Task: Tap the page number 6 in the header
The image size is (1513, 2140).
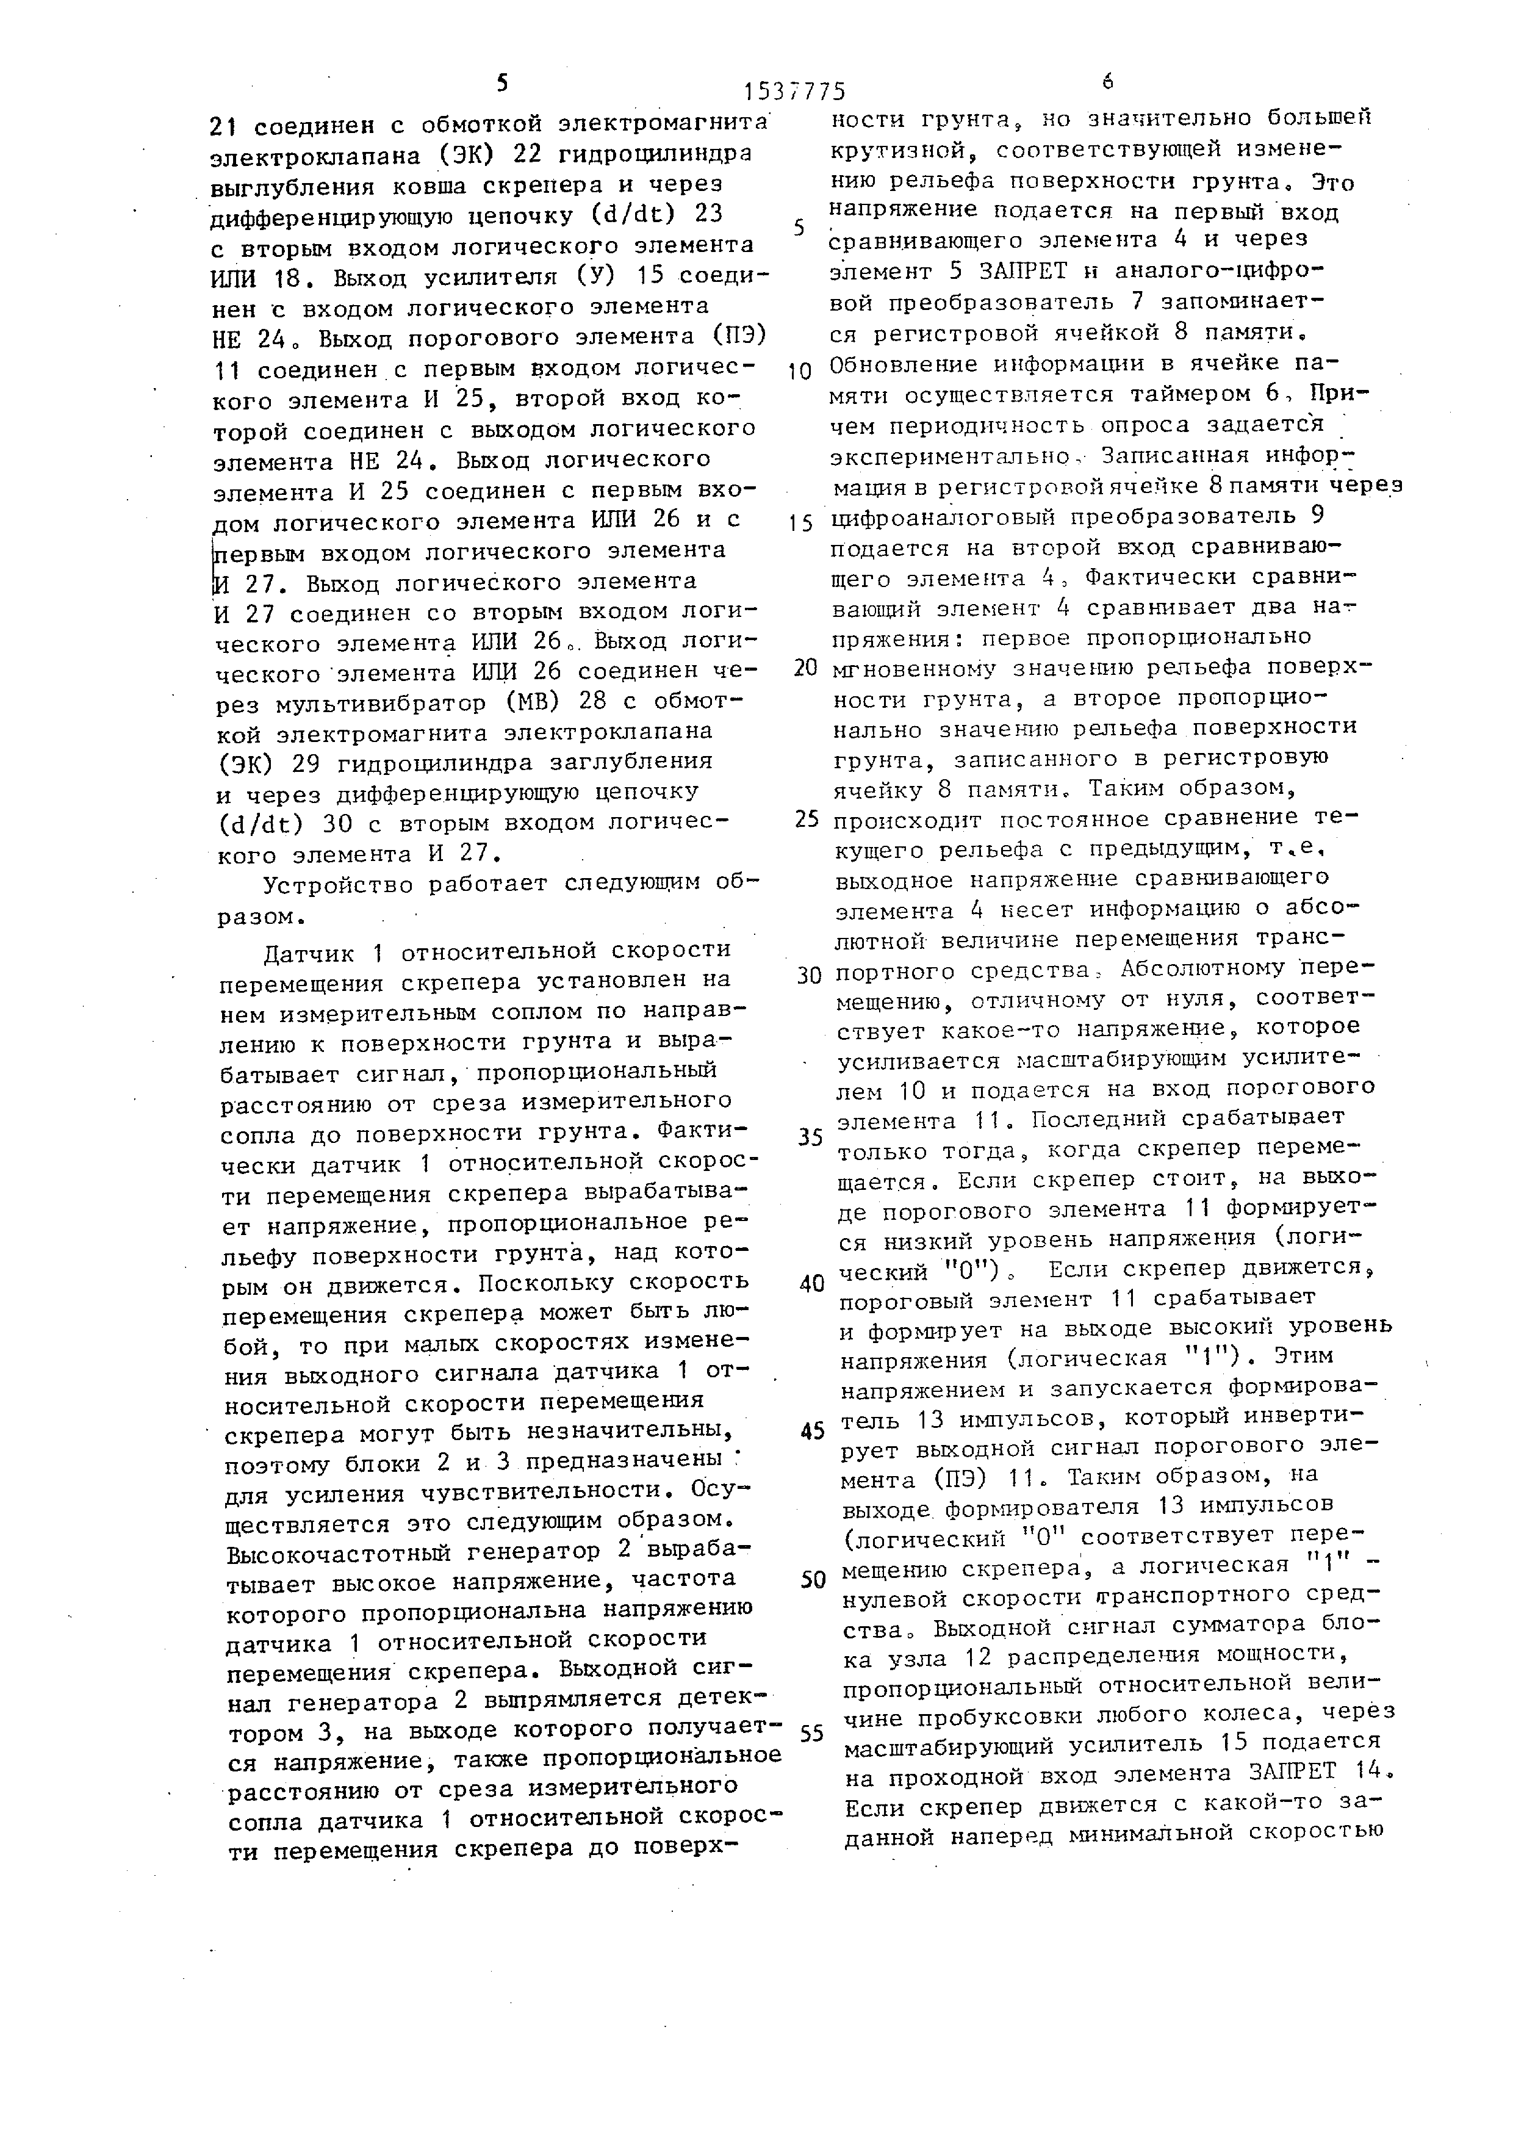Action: coord(1107,82)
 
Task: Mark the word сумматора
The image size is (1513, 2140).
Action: coord(1232,1624)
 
